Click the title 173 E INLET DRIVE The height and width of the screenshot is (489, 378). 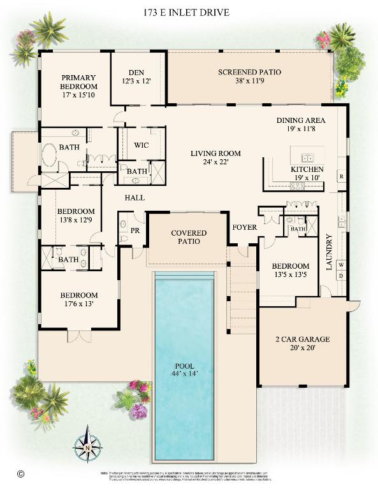(x=189, y=12)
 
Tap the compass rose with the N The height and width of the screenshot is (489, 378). (x=85, y=448)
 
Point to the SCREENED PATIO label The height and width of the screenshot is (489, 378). (x=249, y=76)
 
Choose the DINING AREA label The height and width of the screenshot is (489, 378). (x=301, y=124)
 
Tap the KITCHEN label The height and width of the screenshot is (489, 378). (x=307, y=173)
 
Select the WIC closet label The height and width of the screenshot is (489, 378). (x=142, y=145)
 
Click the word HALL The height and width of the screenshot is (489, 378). (x=134, y=197)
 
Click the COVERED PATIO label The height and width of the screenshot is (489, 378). (x=189, y=237)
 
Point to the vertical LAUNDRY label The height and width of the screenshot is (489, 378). (x=330, y=252)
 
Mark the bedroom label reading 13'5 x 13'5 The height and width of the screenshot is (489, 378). (x=290, y=271)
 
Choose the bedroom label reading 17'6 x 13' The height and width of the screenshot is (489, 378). (x=79, y=299)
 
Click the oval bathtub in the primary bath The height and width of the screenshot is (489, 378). (x=50, y=155)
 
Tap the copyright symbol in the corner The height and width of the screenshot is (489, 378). (x=20, y=474)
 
